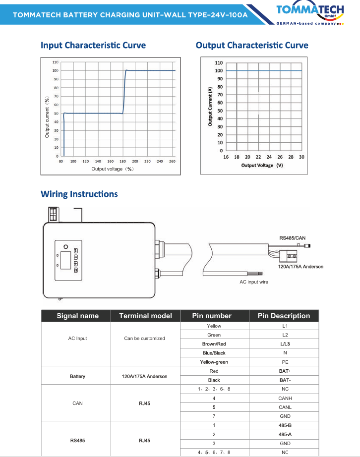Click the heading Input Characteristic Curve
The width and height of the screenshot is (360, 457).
[x=93, y=46]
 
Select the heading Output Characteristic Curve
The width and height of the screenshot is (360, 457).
[x=252, y=46]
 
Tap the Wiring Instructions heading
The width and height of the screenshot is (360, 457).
[x=79, y=194]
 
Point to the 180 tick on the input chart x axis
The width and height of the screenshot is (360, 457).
[x=111, y=161]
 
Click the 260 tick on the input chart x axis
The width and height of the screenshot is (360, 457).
[x=173, y=161]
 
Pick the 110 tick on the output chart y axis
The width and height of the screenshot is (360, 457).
[x=219, y=63]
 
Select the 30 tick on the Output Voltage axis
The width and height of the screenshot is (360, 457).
[x=301, y=157]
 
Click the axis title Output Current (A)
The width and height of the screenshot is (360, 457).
[x=210, y=106]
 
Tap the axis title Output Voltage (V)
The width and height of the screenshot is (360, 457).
[x=262, y=165]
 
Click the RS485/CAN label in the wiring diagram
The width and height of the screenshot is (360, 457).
[x=293, y=238]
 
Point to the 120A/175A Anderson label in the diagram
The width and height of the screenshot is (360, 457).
[x=300, y=267]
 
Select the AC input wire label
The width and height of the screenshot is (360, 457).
[x=254, y=282]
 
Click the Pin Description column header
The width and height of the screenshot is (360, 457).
[x=284, y=316]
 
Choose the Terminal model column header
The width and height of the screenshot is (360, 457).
[x=145, y=316]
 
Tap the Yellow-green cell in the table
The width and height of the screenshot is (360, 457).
[x=214, y=362]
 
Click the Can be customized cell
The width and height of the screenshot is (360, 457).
[x=144, y=339]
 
